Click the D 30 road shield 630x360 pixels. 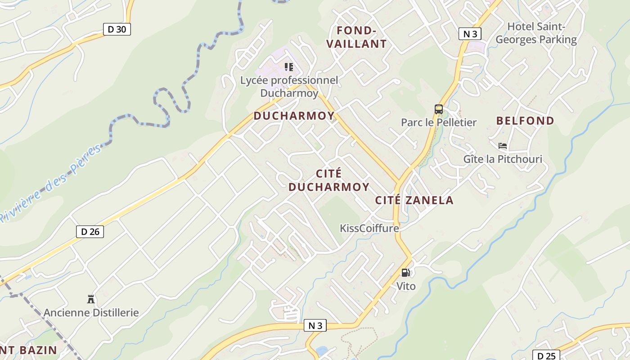[x=117, y=30]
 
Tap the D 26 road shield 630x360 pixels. [x=90, y=232]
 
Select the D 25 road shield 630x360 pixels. [x=546, y=355]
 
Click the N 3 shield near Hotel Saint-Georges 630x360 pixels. [x=470, y=34]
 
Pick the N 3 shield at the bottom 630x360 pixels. [x=315, y=326]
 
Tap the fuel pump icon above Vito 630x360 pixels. [x=405, y=273]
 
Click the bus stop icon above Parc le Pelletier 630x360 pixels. [x=438, y=109]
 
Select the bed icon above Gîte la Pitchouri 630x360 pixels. [x=503, y=146]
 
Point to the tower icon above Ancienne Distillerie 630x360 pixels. [x=91, y=299]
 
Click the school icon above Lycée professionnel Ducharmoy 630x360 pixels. [x=289, y=67]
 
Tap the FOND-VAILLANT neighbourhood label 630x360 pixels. [x=356, y=37]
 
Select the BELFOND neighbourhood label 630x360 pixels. [x=525, y=121]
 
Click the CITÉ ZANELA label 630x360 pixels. [x=414, y=200]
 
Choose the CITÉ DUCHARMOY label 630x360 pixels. [x=328, y=180]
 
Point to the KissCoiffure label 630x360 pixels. [x=369, y=228]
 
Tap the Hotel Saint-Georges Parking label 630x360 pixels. [x=536, y=33]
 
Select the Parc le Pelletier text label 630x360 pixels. [x=438, y=122]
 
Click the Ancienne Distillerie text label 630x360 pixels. [x=91, y=312]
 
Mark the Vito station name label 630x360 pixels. [x=405, y=286]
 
